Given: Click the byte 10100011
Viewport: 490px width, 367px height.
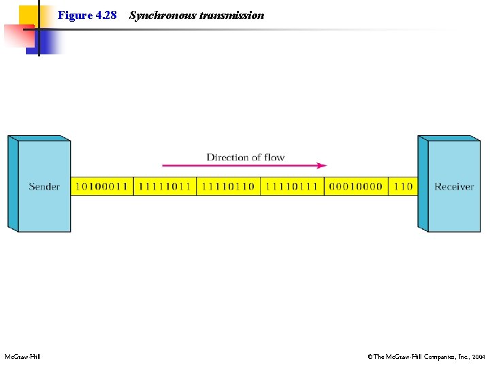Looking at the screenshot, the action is pyautogui.click(x=101, y=186).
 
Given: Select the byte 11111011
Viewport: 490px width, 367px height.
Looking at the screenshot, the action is pyautogui.click(x=165, y=186).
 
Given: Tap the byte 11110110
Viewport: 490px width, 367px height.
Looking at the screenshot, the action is pyautogui.click(x=228, y=186).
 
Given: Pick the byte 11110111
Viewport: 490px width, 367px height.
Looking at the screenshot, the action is pyautogui.click(x=291, y=186).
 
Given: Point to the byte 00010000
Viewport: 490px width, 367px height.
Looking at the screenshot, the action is pyautogui.click(x=355, y=186).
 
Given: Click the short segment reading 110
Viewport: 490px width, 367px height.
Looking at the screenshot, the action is pyautogui.click(x=403, y=186).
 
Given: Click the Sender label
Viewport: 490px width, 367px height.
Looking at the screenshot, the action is pyautogui.click(x=44, y=186).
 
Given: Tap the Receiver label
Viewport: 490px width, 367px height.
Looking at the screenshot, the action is pyautogui.click(x=454, y=186).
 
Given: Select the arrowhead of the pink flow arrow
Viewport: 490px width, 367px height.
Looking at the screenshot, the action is pyautogui.click(x=322, y=165).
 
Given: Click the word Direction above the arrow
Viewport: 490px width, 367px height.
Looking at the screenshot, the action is pyautogui.click(x=228, y=157).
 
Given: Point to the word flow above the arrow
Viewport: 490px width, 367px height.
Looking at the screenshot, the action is pyautogui.click(x=274, y=157).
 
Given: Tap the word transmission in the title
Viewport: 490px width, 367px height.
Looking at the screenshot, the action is pyautogui.click(x=232, y=15).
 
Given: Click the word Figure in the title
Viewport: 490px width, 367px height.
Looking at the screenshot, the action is pyautogui.click(x=75, y=15).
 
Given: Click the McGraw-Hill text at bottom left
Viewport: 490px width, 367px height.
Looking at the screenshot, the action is pyautogui.click(x=22, y=356).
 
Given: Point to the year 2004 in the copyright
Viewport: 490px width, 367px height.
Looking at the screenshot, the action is pyautogui.click(x=478, y=356).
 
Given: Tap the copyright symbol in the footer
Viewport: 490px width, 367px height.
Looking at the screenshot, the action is pyautogui.click(x=370, y=356).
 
